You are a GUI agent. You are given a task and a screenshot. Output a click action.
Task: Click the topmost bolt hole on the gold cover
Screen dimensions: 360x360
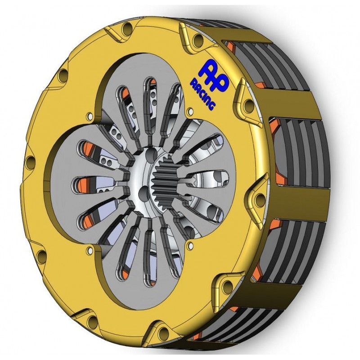click(x=127, y=29)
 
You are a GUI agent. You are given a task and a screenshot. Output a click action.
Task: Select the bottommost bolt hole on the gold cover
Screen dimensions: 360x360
click(x=164, y=332)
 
